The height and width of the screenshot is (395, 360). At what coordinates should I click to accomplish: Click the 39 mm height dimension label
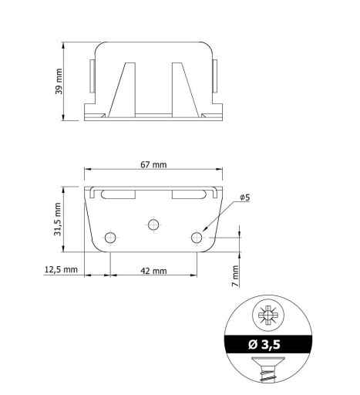pyautogui.click(x=59, y=81)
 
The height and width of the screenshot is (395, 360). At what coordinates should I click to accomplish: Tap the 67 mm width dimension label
pyautogui.click(x=153, y=164)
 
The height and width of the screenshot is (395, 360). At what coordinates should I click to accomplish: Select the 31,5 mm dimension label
pyautogui.click(x=57, y=219)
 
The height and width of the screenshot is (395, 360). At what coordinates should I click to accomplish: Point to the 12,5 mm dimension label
pyautogui.click(x=61, y=269)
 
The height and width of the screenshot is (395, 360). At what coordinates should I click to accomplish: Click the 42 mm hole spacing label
pyautogui.click(x=153, y=271)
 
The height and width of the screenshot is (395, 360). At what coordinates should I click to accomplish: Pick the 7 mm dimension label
pyautogui.click(x=235, y=276)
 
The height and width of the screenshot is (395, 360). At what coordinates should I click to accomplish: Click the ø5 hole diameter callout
pyautogui.click(x=245, y=197)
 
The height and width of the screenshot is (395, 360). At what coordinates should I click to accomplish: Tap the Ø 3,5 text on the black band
pyautogui.click(x=264, y=344)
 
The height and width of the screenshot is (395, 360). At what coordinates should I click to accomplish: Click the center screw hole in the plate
pyautogui.click(x=153, y=225)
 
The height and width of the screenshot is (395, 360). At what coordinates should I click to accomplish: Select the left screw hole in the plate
pyautogui.click(x=110, y=238)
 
